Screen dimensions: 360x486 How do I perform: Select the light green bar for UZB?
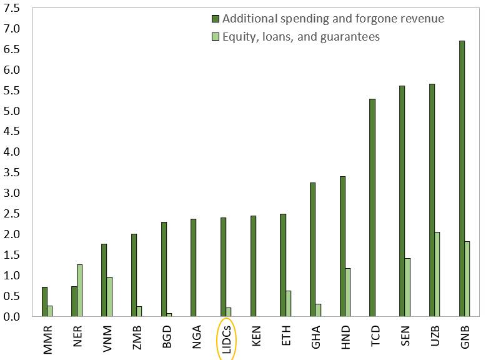click(437, 274)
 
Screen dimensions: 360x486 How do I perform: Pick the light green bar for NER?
click(79, 291)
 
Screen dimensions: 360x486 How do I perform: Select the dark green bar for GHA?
click(312, 249)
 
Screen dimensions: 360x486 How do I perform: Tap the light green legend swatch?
click(216, 37)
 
